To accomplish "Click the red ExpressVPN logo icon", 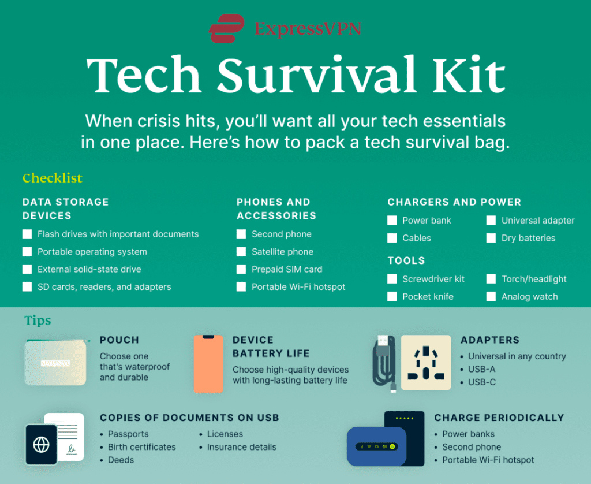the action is point(226,28).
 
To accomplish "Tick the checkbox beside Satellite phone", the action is point(241,252).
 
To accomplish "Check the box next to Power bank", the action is point(392,220).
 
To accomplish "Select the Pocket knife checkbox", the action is point(392,296).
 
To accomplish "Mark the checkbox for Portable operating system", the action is point(27,252).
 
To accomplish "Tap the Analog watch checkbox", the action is point(491,296).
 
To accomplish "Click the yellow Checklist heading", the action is point(53,178).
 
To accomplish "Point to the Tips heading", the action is point(38,321).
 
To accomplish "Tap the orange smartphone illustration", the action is point(208,364).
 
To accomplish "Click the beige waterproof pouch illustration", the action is point(55,363).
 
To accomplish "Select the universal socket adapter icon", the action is point(426,362).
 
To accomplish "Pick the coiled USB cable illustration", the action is point(384,364).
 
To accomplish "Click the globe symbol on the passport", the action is point(41,445).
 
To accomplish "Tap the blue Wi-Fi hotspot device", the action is point(376,446).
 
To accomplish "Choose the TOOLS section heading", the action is point(406,260).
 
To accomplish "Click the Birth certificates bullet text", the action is point(142,447).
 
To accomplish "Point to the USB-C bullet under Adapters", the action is point(482,382).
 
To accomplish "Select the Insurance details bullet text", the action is point(242,447).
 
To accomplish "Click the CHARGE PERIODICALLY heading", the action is point(499,418).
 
